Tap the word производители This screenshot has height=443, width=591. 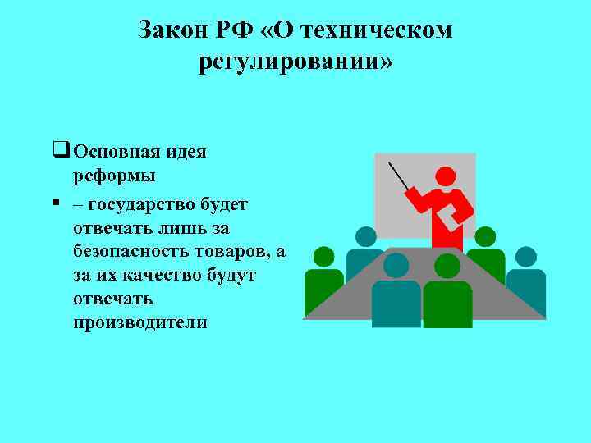coord(140,322)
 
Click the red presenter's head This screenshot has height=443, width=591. coord(444,176)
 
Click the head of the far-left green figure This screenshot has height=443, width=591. coord(323,257)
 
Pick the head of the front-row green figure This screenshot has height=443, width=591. coord(447,266)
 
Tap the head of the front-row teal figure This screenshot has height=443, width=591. coord(396,265)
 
